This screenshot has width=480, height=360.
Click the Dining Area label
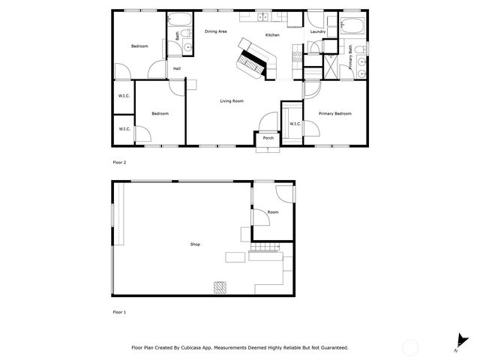(x=216, y=31)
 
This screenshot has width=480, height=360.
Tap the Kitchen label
(x=272, y=35)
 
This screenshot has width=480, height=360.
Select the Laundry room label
(x=317, y=31)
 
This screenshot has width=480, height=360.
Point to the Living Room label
(x=231, y=101)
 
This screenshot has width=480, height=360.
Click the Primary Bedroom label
(x=335, y=113)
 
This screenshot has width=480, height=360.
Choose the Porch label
(x=268, y=138)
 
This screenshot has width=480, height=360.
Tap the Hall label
(x=177, y=69)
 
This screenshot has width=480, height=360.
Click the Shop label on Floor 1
(x=194, y=244)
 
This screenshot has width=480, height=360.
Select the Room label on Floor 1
(x=273, y=212)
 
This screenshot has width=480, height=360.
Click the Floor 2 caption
(x=119, y=162)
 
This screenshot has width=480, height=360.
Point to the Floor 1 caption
(x=119, y=312)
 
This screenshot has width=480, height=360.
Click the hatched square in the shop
(x=220, y=286)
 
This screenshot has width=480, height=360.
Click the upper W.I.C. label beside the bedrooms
(x=124, y=96)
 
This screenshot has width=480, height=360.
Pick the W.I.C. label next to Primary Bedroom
(x=295, y=124)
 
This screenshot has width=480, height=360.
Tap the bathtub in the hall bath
(x=180, y=19)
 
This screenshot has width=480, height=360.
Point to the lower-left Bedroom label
(x=160, y=113)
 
